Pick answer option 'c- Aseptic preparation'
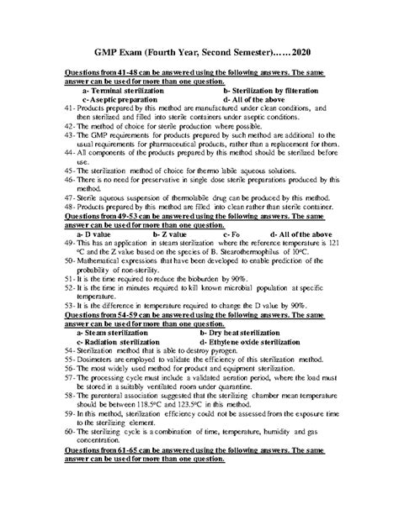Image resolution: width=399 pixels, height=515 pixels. pos(117,99)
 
